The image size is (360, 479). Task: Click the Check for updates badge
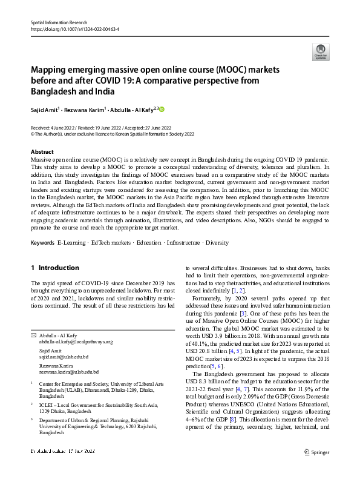tap(320, 51)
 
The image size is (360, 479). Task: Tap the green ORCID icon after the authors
tap(162, 110)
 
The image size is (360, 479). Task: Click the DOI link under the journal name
tap(74, 28)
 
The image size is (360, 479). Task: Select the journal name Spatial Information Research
tap(59, 22)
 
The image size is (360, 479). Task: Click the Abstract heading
tap(42, 151)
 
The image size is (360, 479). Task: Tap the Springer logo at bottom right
tap(316, 469)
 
